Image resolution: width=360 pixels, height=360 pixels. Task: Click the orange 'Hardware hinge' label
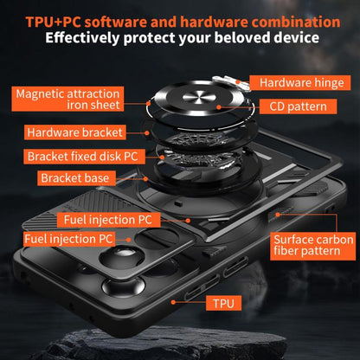tap(300, 83)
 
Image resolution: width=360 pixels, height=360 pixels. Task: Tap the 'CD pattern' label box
tap(298, 106)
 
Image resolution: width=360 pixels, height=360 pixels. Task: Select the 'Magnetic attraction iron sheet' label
tap(67, 99)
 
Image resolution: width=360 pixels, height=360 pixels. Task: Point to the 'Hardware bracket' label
tap(75, 132)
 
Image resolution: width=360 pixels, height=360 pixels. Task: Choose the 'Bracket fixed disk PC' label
tap(84, 157)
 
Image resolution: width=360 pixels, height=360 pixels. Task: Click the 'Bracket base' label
tap(76, 178)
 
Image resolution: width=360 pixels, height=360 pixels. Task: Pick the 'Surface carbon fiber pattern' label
tap(312, 246)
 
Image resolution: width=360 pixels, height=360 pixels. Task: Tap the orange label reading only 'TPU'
tap(223, 303)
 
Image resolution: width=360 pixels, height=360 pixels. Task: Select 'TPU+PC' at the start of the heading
tap(54, 22)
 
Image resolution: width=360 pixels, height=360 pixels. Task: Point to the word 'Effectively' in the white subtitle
tap(82, 38)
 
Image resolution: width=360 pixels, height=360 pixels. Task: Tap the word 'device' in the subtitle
tap(297, 37)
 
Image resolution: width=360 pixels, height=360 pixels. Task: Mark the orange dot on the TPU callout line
tap(173, 302)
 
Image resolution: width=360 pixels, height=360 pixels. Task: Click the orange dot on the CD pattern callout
tap(219, 107)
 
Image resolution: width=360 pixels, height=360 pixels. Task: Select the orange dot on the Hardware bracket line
tap(147, 133)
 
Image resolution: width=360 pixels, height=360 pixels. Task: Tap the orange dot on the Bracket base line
tap(145, 179)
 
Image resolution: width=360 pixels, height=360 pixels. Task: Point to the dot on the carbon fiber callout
tap(278, 215)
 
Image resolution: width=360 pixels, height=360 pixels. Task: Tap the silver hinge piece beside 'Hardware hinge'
tap(231, 82)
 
